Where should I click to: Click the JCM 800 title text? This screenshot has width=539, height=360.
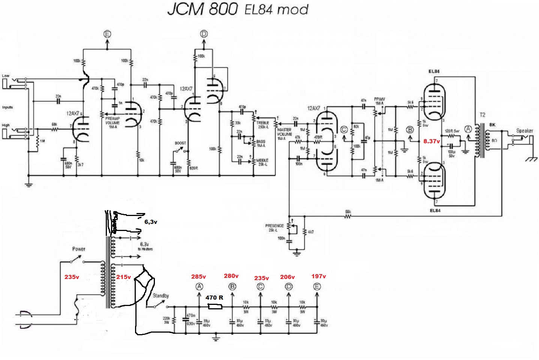coord(203,9)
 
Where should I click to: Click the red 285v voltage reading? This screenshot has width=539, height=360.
coord(198,277)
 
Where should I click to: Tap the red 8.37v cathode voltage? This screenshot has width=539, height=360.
coord(431,141)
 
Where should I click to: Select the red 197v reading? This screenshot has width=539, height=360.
coord(318,276)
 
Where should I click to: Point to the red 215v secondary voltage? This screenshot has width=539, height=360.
coord(123,277)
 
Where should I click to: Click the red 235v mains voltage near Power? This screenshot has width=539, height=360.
coord(72,277)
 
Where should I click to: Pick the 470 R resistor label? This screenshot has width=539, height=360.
coord(214,297)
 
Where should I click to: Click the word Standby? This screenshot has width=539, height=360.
coord(161,295)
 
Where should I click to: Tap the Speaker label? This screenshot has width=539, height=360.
coord(524,130)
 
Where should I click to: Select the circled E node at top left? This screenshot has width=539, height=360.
coord(107,34)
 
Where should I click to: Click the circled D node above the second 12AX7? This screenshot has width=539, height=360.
coord(204,34)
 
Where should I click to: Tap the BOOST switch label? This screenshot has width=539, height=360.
coord(180,143)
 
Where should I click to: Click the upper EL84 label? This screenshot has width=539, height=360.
coord(434,71)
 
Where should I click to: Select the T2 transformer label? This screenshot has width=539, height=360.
coord(482,115)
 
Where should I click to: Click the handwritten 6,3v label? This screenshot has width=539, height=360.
coord(151,222)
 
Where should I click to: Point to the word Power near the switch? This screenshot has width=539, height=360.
coord(79,249)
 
